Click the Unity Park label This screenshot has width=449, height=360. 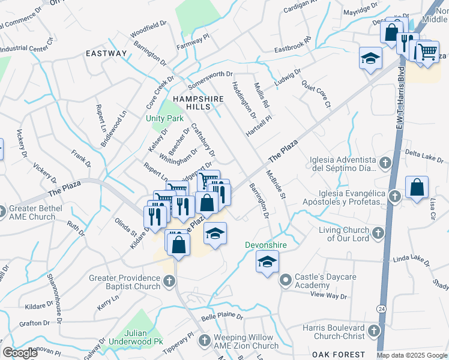pos(164,118)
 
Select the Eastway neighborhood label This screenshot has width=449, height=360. pos(106,53)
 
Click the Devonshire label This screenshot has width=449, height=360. pos(265,245)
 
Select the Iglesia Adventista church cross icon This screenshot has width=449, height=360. pos(385,163)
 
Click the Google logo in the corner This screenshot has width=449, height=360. pos(20,353)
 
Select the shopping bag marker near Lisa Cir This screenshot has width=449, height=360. pos(417,188)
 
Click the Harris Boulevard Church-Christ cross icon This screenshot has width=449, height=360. pos(374,331)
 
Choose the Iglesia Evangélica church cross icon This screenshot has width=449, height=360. pos(395,196)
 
